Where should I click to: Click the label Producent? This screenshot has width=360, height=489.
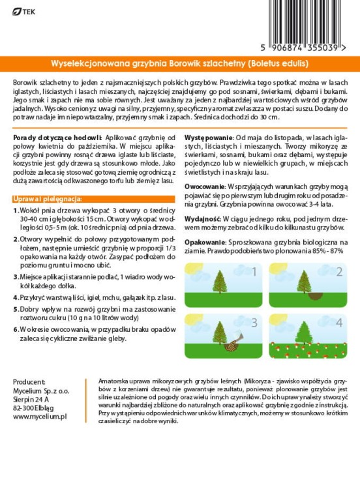click(31, 382)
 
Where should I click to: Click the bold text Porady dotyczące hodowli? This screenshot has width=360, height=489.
click(56, 139)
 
